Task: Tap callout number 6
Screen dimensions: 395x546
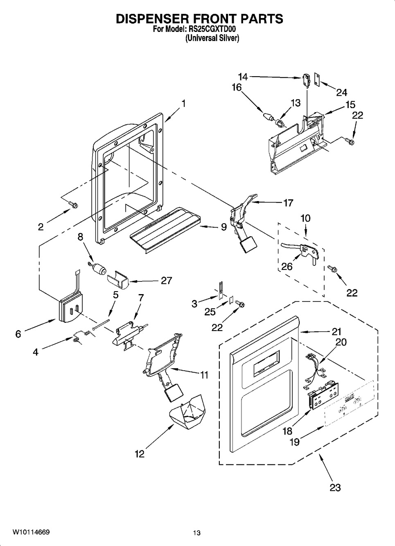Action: [x=18, y=334]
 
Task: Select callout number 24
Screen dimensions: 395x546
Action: [x=341, y=93]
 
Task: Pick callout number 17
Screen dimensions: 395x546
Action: [x=288, y=203]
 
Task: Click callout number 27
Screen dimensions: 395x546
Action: [x=167, y=281]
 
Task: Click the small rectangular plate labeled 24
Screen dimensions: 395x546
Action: [x=317, y=79]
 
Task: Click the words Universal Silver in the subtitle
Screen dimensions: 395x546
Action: [x=212, y=38]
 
